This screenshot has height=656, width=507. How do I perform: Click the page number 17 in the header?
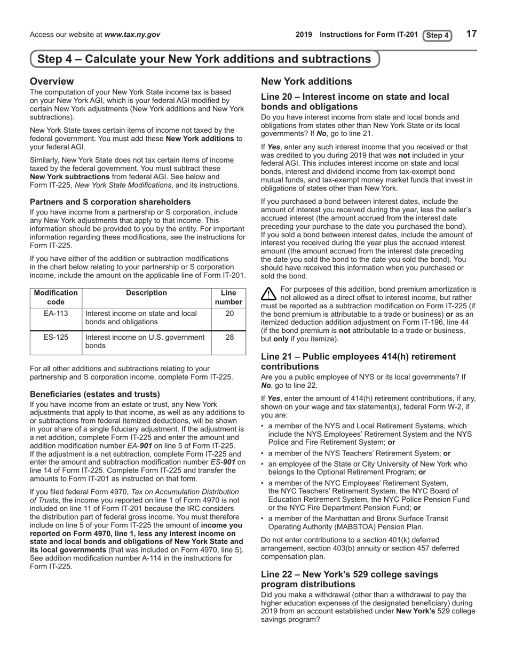point(471,34)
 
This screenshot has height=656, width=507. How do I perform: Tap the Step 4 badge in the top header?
point(437,36)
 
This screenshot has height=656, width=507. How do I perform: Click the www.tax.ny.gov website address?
point(132,35)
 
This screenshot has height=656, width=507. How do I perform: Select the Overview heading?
point(52,82)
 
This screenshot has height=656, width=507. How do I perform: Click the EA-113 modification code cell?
point(56,314)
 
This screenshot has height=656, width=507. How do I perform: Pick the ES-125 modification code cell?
point(56,337)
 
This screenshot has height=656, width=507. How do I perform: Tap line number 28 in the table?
point(229,337)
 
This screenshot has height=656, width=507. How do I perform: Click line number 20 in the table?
point(229,314)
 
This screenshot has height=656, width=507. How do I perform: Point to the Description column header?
point(147,293)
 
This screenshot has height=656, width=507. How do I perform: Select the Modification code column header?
point(56,297)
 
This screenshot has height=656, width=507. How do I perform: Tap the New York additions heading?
point(306,82)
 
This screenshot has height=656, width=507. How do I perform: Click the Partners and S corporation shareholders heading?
point(110,202)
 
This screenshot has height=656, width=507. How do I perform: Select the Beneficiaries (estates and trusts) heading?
point(95,394)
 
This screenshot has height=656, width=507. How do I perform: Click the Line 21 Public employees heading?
point(358,362)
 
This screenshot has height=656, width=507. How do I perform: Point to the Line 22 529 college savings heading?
point(350,579)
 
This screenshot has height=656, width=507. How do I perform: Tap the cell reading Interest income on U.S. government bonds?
point(145,341)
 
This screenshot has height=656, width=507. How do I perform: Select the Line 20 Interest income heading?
point(355,101)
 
